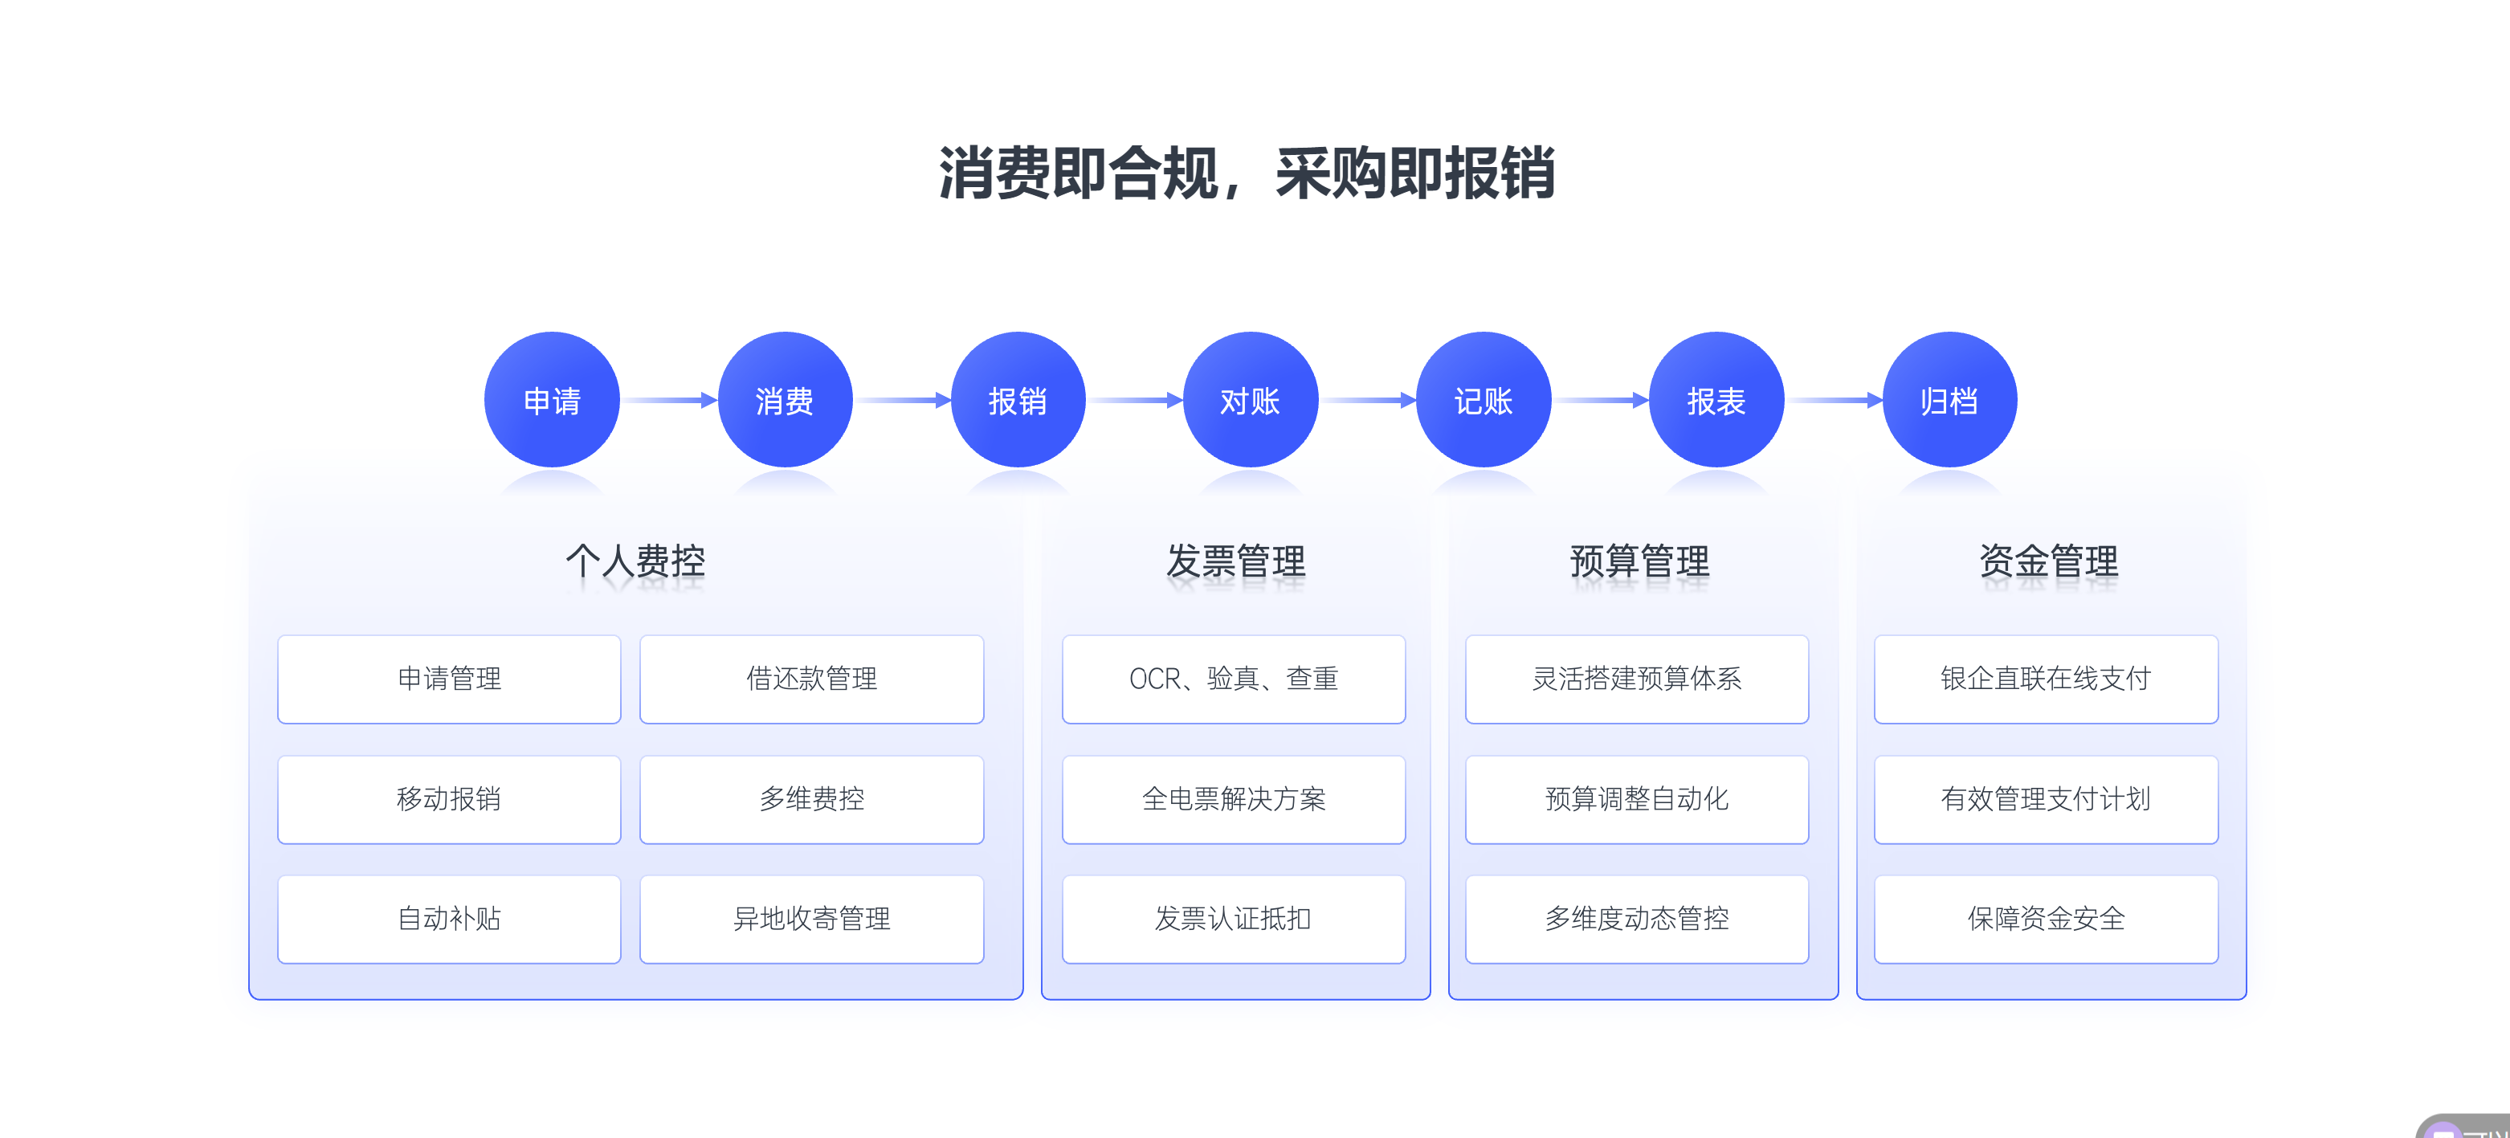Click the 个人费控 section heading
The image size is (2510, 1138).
635,561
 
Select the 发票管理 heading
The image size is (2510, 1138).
1235,561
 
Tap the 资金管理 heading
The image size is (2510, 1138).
2048,561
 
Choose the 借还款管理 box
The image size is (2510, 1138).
812,679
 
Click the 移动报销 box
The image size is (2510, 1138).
449,799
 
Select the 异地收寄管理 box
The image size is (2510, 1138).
812,919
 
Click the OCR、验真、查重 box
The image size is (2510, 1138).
1234,679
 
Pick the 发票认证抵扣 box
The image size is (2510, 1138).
1234,919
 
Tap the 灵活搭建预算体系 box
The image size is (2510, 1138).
1637,679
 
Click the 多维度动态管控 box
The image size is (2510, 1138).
1637,919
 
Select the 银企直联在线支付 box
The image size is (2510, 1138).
2047,679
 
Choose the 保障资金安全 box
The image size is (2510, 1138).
2047,919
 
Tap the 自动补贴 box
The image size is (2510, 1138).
449,919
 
